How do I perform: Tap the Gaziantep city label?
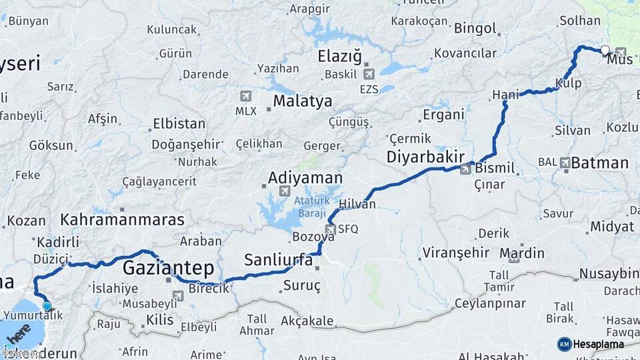coord(168,269)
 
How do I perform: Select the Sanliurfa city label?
coord(278,260)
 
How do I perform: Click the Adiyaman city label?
coord(305,178)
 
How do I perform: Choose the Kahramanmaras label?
coord(122,219)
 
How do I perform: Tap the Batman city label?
coord(600,163)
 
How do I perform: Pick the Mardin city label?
coord(521,253)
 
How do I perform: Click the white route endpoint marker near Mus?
coord(605,50)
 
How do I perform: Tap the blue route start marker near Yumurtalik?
coord(47,306)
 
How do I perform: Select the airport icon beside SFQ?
coord(330,229)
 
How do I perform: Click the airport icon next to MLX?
coord(245,96)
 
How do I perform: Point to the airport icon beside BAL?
coord(565,162)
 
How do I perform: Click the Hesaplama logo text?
coord(601,344)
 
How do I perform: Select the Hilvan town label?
coord(357,204)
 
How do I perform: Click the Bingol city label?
coord(475,29)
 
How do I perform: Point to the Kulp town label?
coord(568,83)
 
